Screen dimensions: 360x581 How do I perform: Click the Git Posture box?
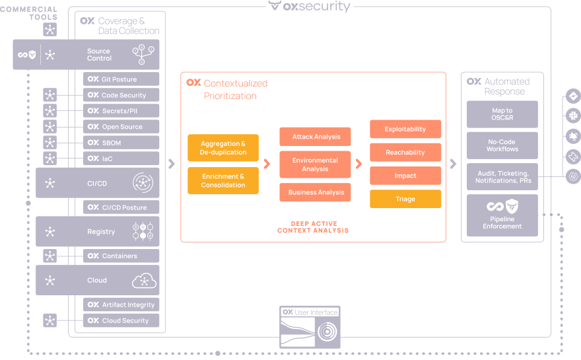click(121, 79)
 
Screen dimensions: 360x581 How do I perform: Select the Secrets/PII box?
click(121, 111)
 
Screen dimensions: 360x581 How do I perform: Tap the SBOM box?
click(121, 143)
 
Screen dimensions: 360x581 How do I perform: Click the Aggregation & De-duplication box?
click(223, 148)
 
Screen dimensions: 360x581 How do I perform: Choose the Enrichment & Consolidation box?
click(223, 181)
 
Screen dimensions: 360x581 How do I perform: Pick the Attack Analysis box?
click(315, 137)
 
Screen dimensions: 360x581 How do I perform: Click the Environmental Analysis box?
click(315, 164)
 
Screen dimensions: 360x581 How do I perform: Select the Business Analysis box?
click(315, 192)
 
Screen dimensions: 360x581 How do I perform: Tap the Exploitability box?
click(405, 129)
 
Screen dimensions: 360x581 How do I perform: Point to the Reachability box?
click(405, 153)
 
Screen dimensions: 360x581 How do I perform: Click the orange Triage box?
click(405, 199)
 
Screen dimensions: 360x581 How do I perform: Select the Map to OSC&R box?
click(502, 114)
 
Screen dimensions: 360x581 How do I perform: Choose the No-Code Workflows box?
click(502, 145)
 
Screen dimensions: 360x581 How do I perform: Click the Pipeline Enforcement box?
click(502, 215)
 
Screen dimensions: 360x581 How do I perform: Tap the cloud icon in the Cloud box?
click(144, 280)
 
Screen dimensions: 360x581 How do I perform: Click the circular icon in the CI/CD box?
click(143, 183)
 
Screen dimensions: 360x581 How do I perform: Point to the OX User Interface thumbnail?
click(310, 328)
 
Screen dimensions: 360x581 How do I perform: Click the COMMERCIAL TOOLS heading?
click(29, 13)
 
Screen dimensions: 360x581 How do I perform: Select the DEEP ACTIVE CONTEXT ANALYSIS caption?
click(313, 227)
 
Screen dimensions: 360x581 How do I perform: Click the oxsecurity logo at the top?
click(310, 7)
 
